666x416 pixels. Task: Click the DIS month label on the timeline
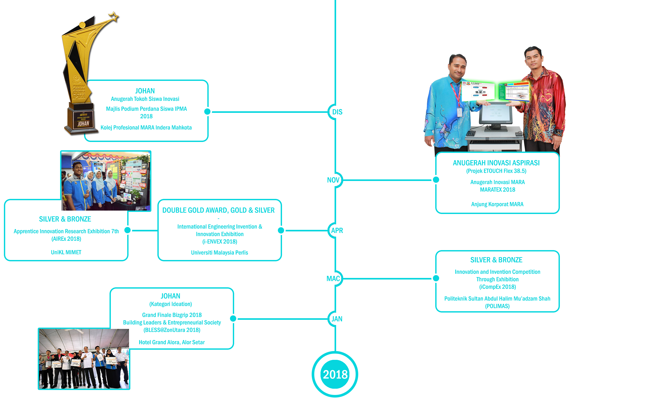[337, 112]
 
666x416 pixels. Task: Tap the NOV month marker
[333, 180]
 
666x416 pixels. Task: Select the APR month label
[337, 231]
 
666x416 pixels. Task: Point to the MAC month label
[333, 279]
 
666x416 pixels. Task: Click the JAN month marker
[337, 319]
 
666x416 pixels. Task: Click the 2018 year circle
[335, 374]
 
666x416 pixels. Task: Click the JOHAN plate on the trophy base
[83, 123]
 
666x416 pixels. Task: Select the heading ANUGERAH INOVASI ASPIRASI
[496, 163]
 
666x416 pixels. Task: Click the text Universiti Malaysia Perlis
[219, 252]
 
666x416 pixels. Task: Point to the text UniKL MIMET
[66, 252]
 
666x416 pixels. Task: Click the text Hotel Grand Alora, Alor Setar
[172, 342]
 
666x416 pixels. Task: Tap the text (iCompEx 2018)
[497, 287]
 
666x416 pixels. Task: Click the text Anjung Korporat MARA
[497, 204]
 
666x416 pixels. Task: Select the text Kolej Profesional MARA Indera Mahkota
[146, 128]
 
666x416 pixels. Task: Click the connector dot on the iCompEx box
[436, 278]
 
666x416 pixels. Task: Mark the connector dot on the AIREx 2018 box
[127, 230]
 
